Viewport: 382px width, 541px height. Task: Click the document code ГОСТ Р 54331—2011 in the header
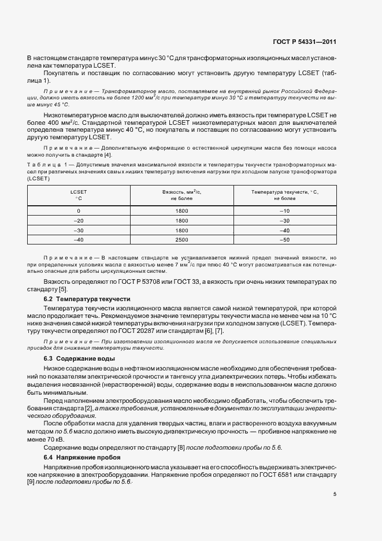pyautogui.click(x=304, y=42)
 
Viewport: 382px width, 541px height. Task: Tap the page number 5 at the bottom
pyautogui.click(x=335, y=493)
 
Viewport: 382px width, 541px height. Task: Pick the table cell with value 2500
pyautogui.click(x=181, y=239)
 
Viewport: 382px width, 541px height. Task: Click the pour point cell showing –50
pyautogui.click(x=284, y=239)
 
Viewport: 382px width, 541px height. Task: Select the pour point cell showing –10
pyautogui.click(x=284, y=212)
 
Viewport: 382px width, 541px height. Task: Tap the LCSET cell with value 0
pyautogui.click(x=79, y=212)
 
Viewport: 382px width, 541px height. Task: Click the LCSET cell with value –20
pyautogui.click(x=79, y=221)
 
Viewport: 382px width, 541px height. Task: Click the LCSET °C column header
pyautogui.click(x=79, y=194)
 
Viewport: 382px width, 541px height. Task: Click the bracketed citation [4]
pyautogui.click(x=107, y=155)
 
